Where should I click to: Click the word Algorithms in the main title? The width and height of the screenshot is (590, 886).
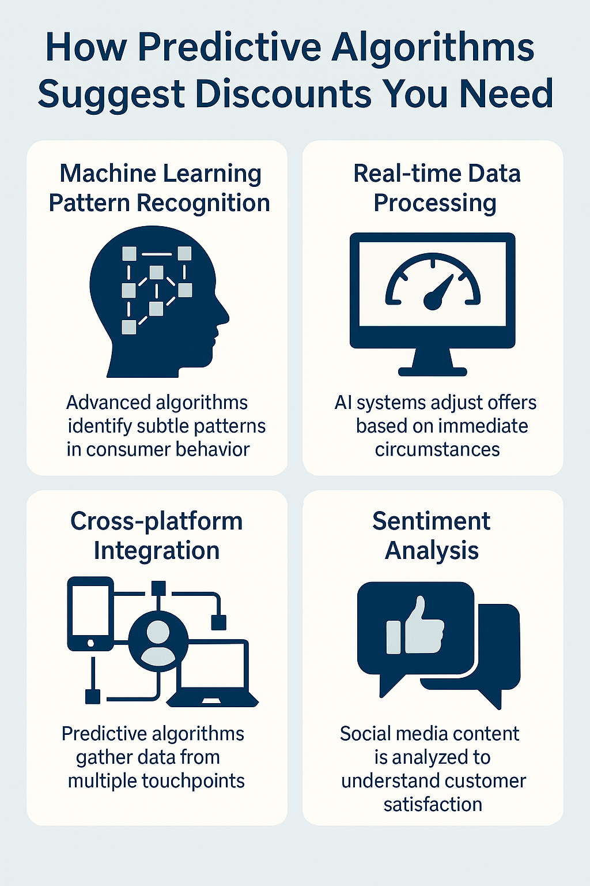(433, 47)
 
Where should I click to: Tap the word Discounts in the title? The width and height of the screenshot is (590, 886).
(285, 94)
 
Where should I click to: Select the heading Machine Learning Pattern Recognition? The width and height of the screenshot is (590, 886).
(159, 188)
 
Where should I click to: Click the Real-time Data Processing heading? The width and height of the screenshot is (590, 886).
(436, 188)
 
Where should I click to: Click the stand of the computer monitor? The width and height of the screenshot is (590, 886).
(433, 363)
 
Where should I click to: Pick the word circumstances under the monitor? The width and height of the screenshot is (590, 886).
(437, 449)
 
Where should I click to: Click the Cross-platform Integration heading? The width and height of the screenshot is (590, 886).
(157, 536)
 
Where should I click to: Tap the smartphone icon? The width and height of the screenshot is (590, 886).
(90, 614)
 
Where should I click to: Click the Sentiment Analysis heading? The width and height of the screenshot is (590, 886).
(432, 536)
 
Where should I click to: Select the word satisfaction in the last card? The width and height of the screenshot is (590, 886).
(433, 804)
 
